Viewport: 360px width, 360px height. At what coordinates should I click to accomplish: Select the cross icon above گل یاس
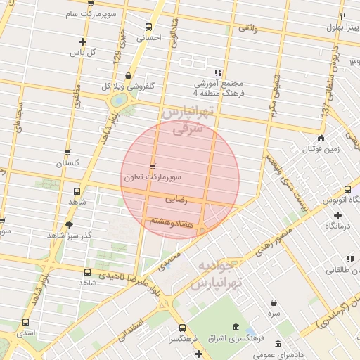(x=84, y=41)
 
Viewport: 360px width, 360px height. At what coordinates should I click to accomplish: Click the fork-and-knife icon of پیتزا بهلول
(x=342, y=16)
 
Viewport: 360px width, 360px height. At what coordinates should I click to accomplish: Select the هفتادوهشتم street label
(x=169, y=221)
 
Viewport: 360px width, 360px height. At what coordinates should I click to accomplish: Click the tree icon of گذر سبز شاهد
(x=69, y=225)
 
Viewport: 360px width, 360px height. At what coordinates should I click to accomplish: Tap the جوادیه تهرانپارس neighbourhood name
(x=217, y=275)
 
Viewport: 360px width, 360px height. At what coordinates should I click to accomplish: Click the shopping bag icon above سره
(x=274, y=302)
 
